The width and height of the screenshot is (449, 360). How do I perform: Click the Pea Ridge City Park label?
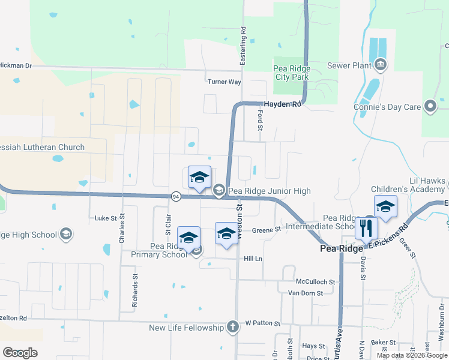pos(291,73)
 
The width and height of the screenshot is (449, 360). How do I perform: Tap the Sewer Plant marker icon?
pos(380,65)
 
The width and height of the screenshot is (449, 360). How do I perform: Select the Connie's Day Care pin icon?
pos(430,107)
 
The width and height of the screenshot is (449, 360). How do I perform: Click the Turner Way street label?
pos(224,82)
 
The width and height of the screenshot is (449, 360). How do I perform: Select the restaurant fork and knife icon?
pos(366,227)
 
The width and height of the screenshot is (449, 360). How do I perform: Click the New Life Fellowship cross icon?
pos(233,327)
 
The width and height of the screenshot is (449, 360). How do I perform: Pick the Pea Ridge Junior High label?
pos(269,191)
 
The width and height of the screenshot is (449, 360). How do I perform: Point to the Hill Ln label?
pos(253,258)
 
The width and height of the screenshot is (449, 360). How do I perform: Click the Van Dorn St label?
pos(306,293)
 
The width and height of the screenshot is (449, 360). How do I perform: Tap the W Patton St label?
pos(263,324)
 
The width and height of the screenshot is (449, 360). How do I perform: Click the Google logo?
pos(20,353)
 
